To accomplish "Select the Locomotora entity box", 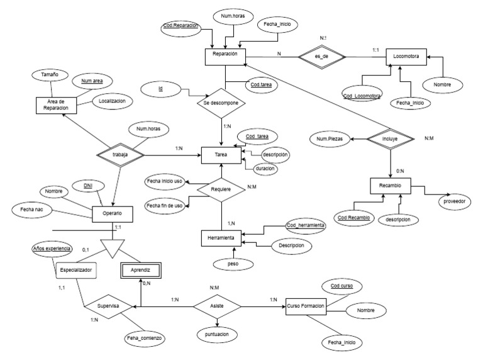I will tap(406, 56).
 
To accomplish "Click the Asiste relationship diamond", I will tap(216, 305).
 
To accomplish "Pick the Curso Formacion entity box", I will tap(307, 305).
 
